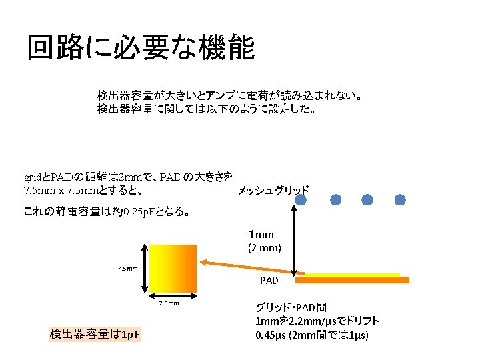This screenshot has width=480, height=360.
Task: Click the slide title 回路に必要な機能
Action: [x=141, y=48]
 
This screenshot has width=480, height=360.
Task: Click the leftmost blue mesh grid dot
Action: [x=303, y=199]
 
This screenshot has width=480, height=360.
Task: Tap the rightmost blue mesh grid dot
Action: [x=400, y=199]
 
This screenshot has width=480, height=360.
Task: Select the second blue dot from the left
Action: [x=335, y=199]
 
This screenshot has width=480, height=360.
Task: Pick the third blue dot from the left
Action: [x=368, y=199]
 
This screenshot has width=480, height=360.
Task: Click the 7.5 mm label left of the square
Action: [x=127, y=269]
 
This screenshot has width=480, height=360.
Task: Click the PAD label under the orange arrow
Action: [x=269, y=281]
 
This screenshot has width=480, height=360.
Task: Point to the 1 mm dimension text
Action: [x=261, y=235]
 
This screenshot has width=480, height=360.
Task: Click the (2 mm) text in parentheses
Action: [x=265, y=247]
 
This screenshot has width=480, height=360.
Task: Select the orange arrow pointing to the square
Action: [x=250, y=267]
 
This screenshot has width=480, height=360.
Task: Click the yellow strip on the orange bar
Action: [x=352, y=274]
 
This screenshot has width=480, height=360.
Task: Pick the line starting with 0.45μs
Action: [x=311, y=335]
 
